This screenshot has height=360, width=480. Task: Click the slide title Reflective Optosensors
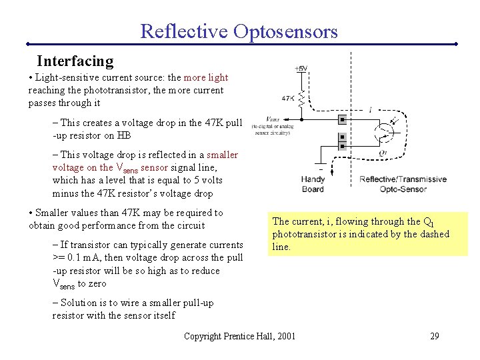pyautogui.click(x=239, y=31)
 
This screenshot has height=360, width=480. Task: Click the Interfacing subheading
pyautogui.click(x=75, y=61)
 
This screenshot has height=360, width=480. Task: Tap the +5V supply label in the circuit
pyautogui.click(x=301, y=69)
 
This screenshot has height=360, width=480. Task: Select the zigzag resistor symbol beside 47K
pyautogui.click(x=301, y=99)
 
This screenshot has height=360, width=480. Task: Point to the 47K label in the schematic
pyautogui.click(x=288, y=98)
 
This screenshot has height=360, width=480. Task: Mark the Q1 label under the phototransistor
pyautogui.click(x=382, y=152)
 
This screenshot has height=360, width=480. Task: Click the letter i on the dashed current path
pyautogui.click(x=370, y=109)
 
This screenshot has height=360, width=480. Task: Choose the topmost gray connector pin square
pyautogui.click(x=342, y=121)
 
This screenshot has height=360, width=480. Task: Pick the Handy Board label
pyautogui.click(x=313, y=184)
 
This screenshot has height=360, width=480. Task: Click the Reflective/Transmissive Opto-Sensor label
pyautogui.click(x=403, y=184)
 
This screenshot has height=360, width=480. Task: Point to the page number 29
pyautogui.click(x=435, y=335)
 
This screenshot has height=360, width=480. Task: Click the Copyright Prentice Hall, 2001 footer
pyautogui.click(x=239, y=335)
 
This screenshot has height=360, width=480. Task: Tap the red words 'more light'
pyautogui.click(x=205, y=77)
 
